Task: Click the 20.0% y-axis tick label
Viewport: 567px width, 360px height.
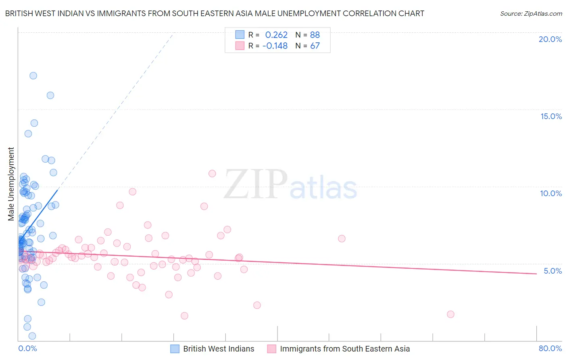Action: point(550,39)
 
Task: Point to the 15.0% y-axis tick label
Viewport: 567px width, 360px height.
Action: point(551,116)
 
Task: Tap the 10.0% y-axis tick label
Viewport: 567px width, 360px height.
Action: point(551,193)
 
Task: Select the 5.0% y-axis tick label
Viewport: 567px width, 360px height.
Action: point(552,271)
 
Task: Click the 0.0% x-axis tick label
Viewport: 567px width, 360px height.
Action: point(27,348)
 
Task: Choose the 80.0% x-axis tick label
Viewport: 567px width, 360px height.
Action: point(550,348)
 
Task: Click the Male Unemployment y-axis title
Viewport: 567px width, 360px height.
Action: point(11,184)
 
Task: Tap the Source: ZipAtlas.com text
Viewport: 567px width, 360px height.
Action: point(531,14)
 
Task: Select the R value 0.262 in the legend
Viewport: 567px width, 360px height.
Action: point(276,35)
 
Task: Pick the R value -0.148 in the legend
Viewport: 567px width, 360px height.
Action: point(275,46)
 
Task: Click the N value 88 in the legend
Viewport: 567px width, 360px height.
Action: point(315,35)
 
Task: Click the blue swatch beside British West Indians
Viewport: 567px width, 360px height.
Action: point(175,349)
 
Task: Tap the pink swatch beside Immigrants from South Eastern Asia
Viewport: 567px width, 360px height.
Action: point(271,349)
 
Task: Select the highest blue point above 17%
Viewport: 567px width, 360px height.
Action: point(33,76)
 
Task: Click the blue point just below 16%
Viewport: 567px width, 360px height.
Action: point(50,95)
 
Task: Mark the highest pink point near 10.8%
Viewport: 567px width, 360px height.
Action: point(212,174)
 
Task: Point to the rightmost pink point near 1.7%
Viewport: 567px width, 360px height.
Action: point(450,314)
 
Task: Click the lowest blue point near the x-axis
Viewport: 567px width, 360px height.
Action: point(32,336)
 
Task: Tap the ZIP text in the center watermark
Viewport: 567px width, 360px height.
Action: point(256,184)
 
